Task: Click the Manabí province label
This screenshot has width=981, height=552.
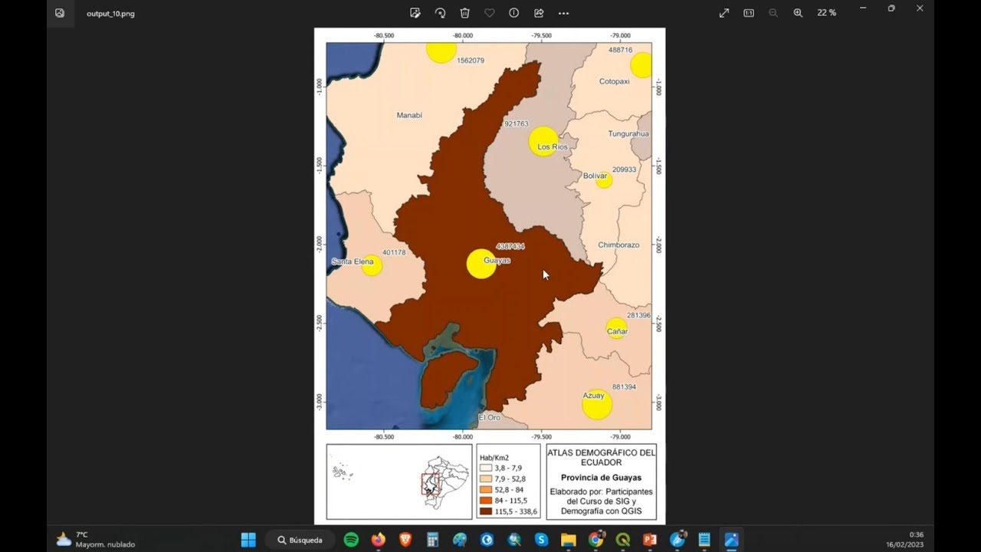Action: tap(409, 116)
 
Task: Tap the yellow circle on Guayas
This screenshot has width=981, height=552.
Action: tap(481, 264)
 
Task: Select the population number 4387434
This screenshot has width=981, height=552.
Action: tap(510, 246)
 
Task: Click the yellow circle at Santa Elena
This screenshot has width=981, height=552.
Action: tap(372, 266)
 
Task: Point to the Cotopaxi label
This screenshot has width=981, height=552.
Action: tap(614, 81)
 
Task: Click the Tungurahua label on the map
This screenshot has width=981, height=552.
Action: tap(628, 134)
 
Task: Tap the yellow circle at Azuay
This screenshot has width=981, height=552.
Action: tap(596, 404)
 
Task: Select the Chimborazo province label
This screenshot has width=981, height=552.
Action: tap(618, 245)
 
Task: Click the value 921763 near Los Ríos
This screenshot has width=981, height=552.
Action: tap(516, 124)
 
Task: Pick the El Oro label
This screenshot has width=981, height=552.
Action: tap(489, 418)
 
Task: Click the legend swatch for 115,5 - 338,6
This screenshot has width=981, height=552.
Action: tap(486, 511)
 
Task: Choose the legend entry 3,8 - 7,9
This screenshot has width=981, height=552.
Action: tap(508, 468)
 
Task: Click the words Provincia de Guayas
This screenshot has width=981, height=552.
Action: tap(601, 478)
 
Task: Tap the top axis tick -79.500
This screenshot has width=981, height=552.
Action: tap(541, 35)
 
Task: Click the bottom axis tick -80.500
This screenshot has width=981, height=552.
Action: tap(384, 437)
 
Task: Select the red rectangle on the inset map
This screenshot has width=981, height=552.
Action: tap(431, 485)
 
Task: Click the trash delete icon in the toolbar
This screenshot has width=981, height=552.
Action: tap(464, 13)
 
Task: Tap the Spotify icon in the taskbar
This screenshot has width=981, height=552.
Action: tap(351, 540)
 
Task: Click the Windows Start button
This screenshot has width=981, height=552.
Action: tap(248, 540)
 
